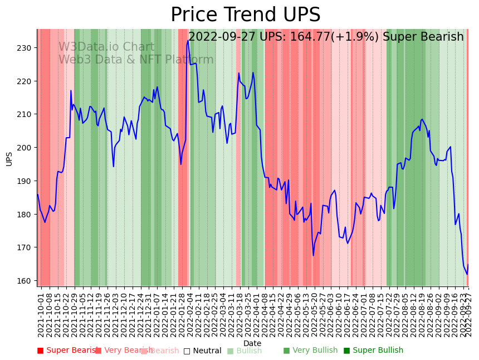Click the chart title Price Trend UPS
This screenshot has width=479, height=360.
coord(245,15)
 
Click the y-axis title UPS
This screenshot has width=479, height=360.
coord(9,158)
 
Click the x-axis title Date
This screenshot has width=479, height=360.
coord(252,343)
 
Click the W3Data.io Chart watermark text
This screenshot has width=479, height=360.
coord(106,47)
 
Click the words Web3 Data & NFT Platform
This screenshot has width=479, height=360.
coord(136,60)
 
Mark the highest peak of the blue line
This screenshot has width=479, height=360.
coord(188,41)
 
